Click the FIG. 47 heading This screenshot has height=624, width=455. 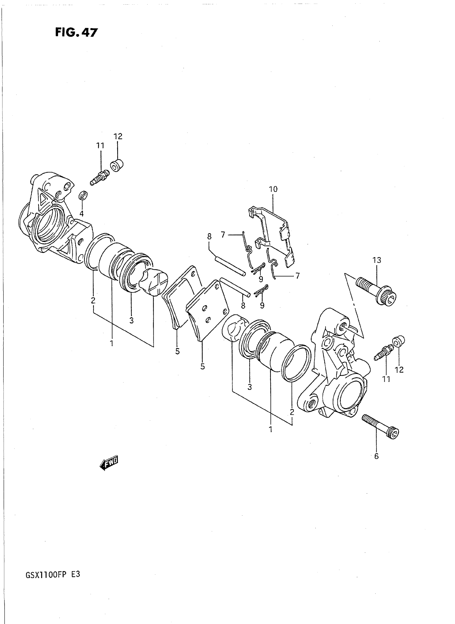[x=76, y=32]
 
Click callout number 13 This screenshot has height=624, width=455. [x=377, y=260]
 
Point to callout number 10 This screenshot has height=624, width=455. [x=273, y=189]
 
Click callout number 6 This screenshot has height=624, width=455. [x=376, y=456]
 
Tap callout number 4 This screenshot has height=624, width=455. [x=82, y=213]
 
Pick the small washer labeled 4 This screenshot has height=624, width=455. [x=83, y=196]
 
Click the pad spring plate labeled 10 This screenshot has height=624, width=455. [x=273, y=237]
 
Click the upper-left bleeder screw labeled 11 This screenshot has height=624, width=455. [x=99, y=178]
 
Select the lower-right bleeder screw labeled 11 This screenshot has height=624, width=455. [x=384, y=352]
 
